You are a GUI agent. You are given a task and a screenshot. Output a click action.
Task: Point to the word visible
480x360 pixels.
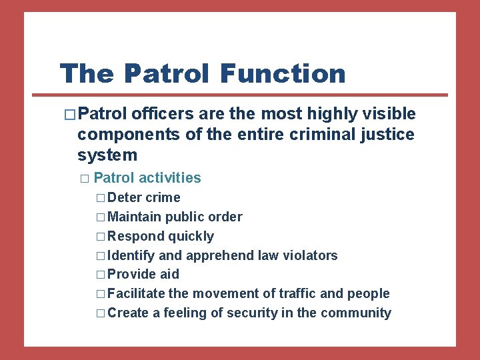coord(386,115)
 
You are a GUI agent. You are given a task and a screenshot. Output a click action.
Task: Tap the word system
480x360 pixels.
coord(107,155)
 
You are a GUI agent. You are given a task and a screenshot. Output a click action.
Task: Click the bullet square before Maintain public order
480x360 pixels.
coord(100,217)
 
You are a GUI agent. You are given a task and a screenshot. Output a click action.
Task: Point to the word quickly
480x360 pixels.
coord(191,237)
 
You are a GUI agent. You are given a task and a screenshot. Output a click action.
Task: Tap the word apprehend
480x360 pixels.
coord(220,255)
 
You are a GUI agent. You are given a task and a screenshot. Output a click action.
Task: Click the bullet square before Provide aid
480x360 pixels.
coord(100,275)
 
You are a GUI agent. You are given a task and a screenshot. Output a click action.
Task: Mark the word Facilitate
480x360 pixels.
coord(136,294)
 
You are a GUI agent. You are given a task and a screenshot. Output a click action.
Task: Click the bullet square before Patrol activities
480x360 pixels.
coord(83,179)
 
